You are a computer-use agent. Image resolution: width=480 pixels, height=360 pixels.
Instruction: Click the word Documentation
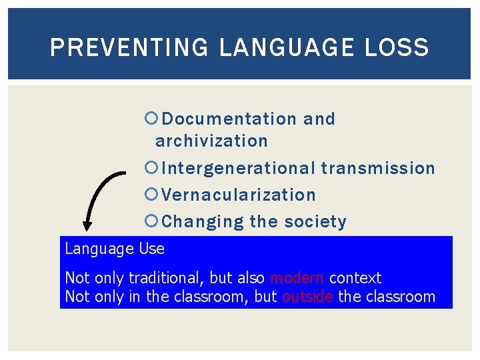pos(229,119)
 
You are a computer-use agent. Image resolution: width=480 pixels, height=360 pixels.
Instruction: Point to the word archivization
pos(211,141)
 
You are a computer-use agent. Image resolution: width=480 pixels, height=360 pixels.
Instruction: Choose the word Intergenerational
pos(238,168)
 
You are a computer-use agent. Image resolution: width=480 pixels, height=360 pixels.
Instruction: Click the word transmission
pos(378,168)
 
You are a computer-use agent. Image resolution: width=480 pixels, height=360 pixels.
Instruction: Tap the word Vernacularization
pos(239,195)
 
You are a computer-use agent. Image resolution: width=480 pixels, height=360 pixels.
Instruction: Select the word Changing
pos(203,221)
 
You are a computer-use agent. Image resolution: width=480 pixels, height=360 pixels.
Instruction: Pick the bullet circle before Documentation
pos(150,119)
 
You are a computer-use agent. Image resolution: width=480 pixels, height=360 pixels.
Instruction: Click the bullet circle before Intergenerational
pos(150,168)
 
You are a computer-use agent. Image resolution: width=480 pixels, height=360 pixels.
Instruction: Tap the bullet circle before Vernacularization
pos(150,195)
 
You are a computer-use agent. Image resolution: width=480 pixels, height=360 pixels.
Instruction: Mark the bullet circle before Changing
pos(150,221)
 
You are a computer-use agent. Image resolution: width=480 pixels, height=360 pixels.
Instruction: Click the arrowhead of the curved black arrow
pos(87,225)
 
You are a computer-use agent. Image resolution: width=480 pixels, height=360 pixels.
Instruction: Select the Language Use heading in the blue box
pos(115,249)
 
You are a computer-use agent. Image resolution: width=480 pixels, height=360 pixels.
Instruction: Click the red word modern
pos(297,278)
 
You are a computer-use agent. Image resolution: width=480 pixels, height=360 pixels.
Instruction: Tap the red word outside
pos(307,297)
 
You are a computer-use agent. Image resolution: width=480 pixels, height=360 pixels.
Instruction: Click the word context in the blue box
pos(355,278)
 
